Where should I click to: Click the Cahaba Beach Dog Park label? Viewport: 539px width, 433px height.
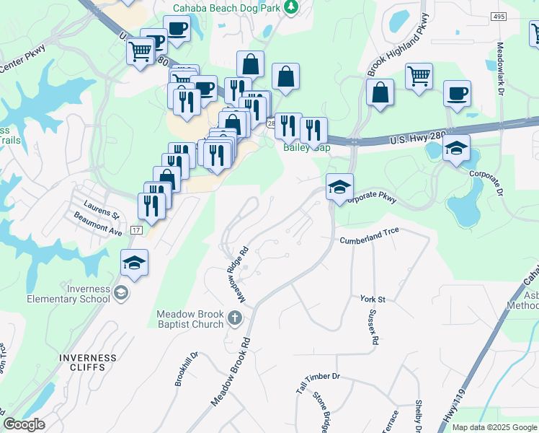coord(226,8)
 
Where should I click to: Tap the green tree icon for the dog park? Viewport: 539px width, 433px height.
coord(291,7)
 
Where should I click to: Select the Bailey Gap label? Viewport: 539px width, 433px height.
coord(306,147)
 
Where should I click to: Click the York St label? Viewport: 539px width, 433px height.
coord(373,299)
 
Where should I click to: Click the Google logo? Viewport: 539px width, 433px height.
coord(24,424)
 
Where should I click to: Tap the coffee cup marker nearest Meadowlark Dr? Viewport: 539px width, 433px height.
coord(457,95)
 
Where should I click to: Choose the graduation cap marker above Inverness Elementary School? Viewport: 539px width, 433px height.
coord(134,263)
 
